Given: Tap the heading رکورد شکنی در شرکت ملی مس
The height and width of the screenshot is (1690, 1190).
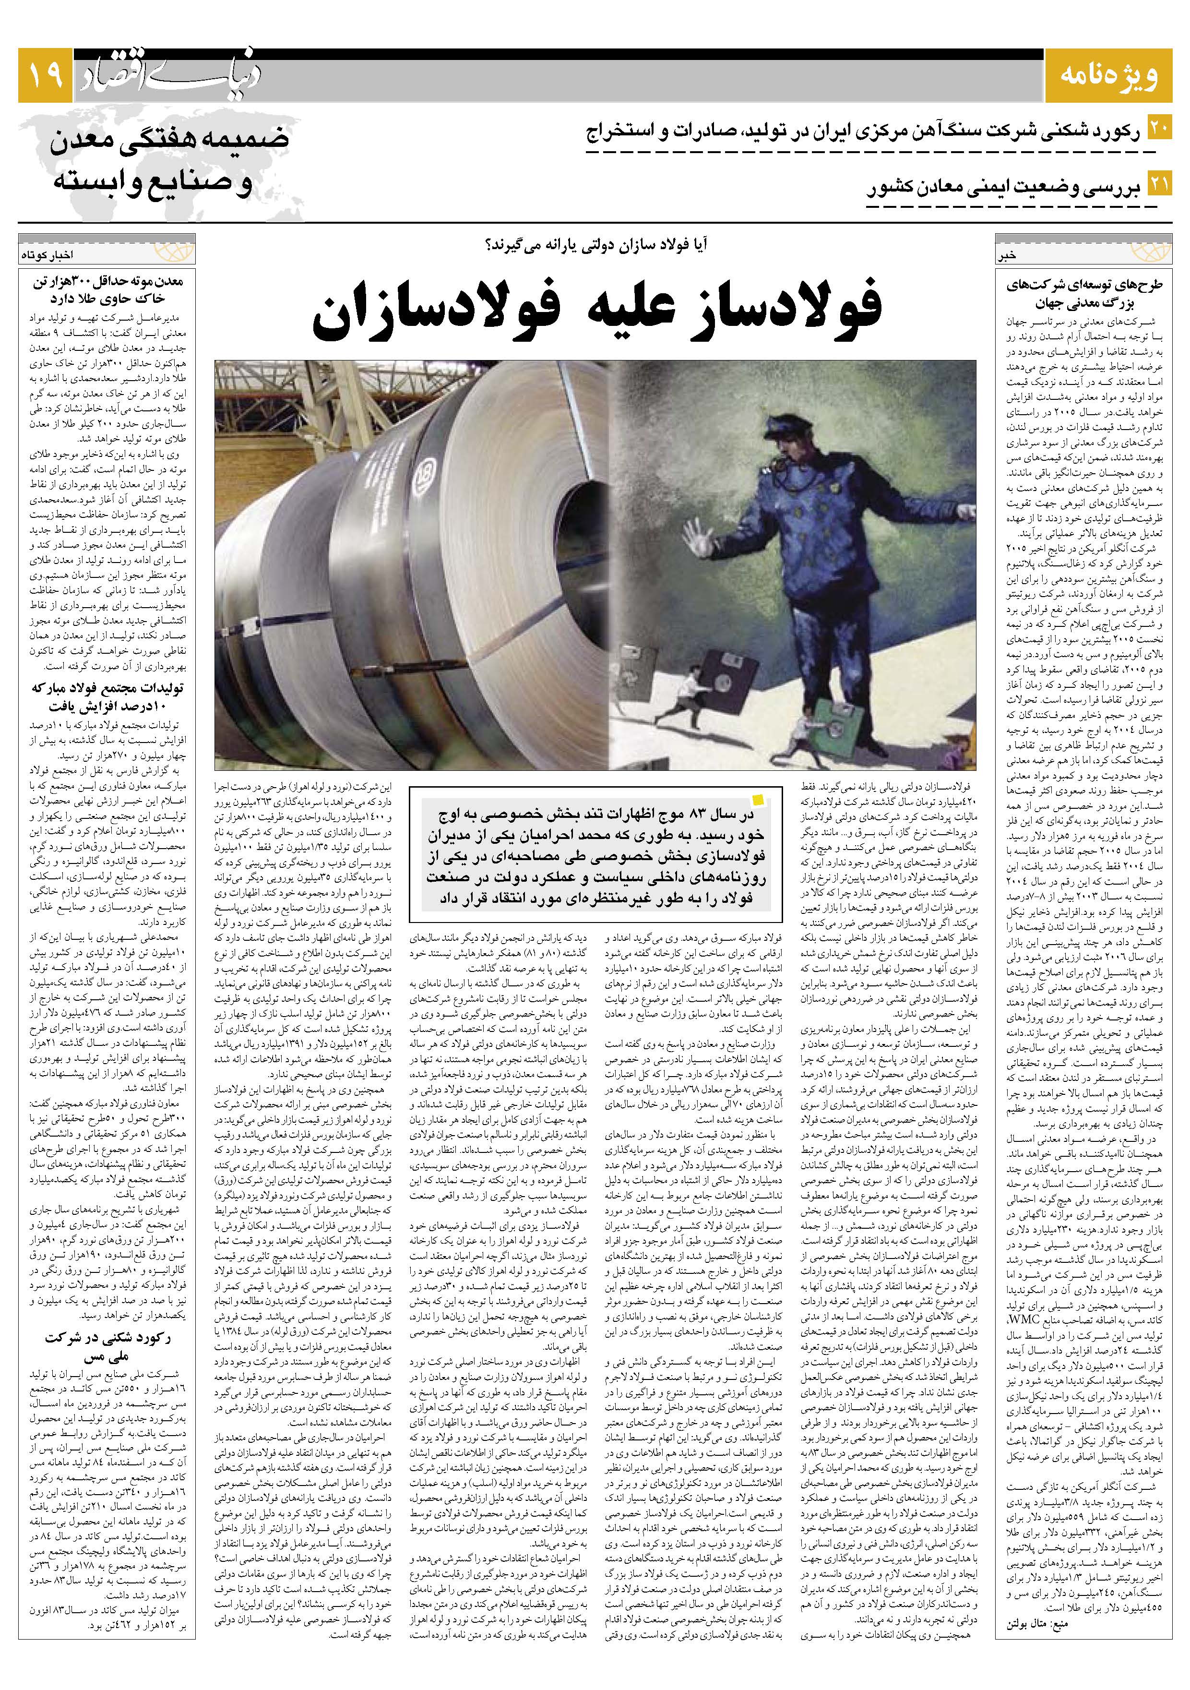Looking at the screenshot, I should click(x=107, y=1345).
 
